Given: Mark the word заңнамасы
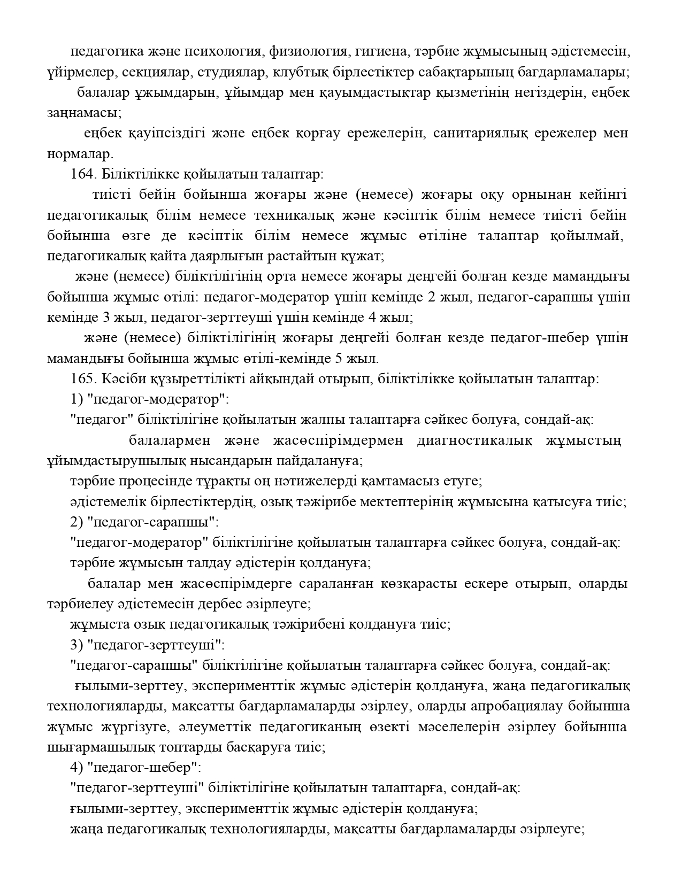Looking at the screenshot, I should point(84,113).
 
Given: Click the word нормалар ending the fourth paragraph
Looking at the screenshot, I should point(80,154).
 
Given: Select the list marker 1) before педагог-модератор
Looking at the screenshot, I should point(76,399).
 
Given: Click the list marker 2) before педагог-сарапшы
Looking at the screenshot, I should point(76,522).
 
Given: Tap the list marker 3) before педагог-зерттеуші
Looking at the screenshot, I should point(76,644).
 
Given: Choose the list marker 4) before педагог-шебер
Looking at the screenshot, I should point(76,767).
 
